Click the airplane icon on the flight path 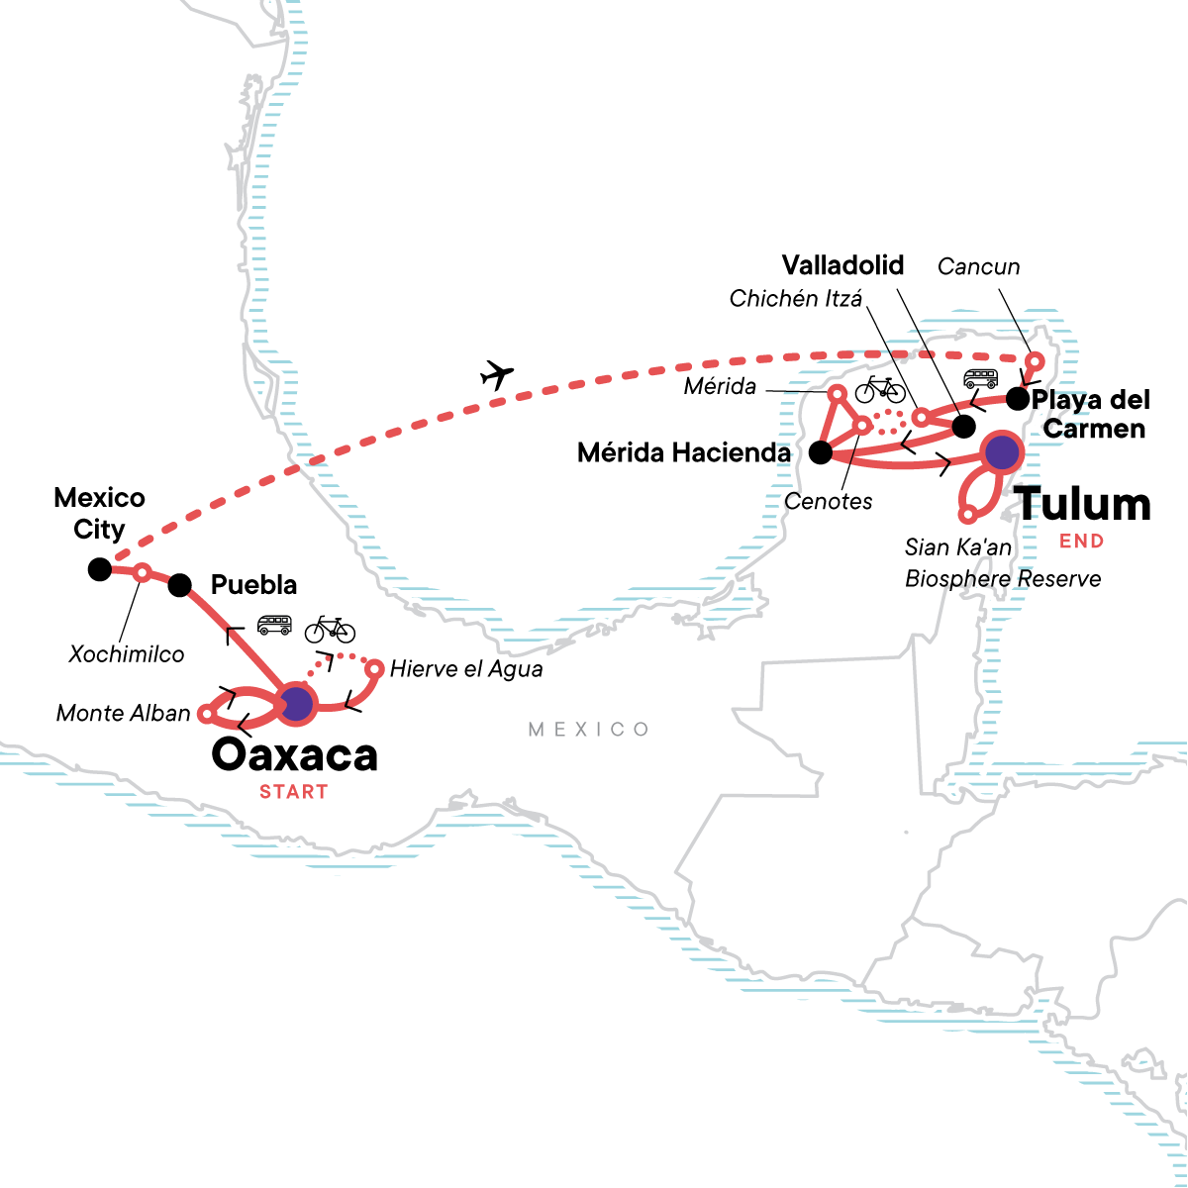pyautogui.click(x=497, y=375)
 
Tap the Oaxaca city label pyautogui.click(x=294, y=755)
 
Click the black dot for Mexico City pyautogui.click(x=99, y=568)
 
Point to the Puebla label pyautogui.click(x=253, y=584)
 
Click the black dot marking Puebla pyautogui.click(x=179, y=585)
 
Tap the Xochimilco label pyautogui.click(x=127, y=654)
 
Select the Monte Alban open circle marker pyautogui.click(x=207, y=713)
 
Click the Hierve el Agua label pyautogui.click(x=465, y=669)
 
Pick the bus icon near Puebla pyautogui.click(x=274, y=625)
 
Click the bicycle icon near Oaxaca pyautogui.click(x=330, y=630)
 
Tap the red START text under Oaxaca pyautogui.click(x=294, y=792)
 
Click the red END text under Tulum pyautogui.click(x=1081, y=542)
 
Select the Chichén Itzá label pyautogui.click(x=796, y=298)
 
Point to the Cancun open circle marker pyautogui.click(x=1036, y=360)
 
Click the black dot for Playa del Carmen pyautogui.click(x=1017, y=399)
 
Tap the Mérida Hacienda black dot pyautogui.click(x=821, y=452)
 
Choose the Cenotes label pyautogui.click(x=828, y=501)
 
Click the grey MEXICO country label pyautogui.click(x=589, y=730)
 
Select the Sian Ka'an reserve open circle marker pyautogui.click(x=968, y=514)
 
